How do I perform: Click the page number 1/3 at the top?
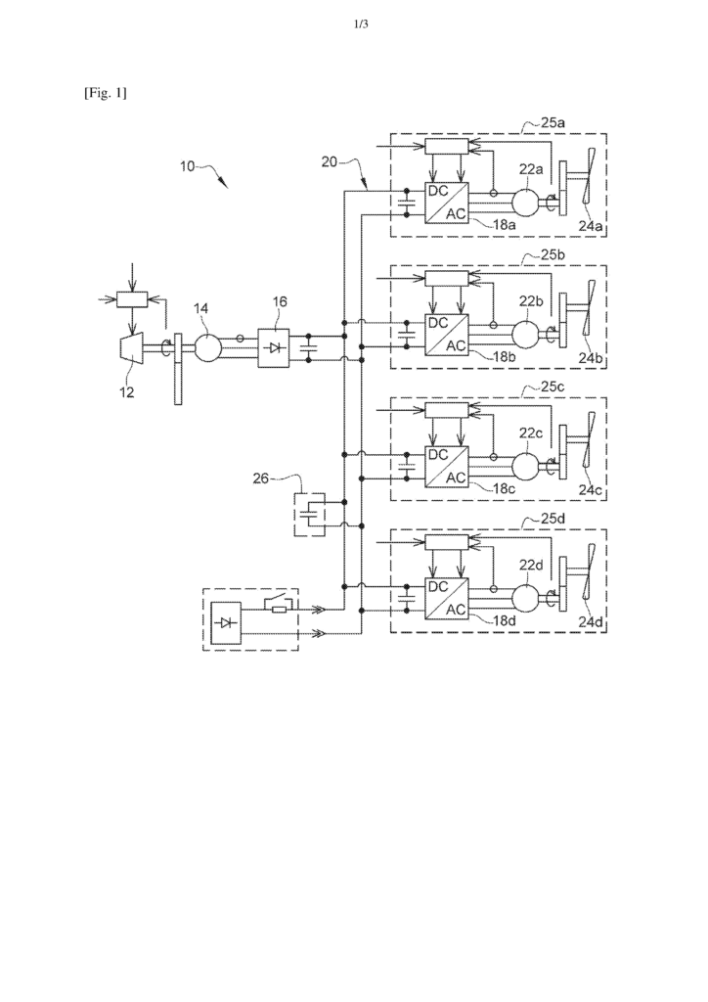[x=362, y=24]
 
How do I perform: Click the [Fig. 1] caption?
[x=106, y=93]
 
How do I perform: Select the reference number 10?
[x=187, y=166]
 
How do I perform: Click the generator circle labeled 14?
[x=207, y=348]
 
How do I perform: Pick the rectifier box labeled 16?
[x=273, y=348]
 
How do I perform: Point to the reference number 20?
[x=329, y=162]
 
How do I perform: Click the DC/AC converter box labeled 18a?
[x=446, y=203]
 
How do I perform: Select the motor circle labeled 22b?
[x=525, y=334]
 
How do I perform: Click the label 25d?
[x=553, y=519]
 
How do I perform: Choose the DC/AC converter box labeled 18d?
[x=446, y=598]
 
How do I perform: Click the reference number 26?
[x=260, y=478]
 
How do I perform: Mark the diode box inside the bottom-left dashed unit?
[x=226, y=623]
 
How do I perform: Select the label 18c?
[x=504, y=489]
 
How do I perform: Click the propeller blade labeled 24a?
[x=590, y=181]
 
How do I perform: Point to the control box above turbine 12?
[x=131, y=299]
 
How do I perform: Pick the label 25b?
[x=553, y=255]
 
